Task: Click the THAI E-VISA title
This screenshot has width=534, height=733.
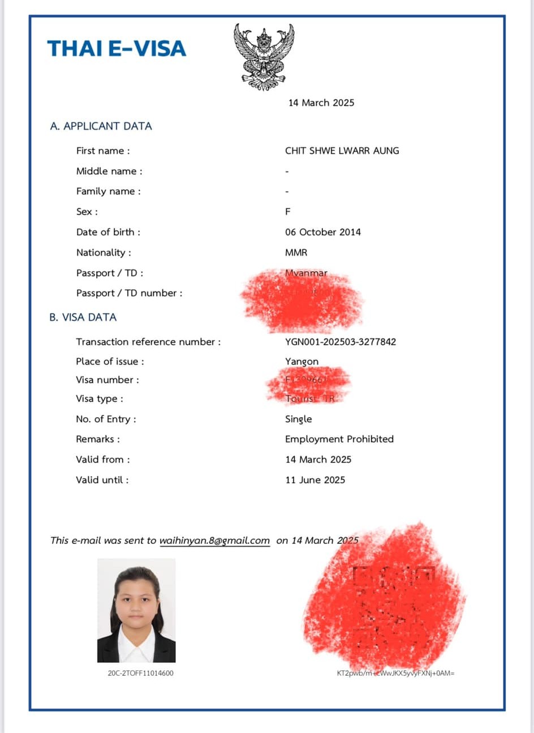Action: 117,49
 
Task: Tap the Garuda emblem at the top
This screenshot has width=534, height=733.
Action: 264,57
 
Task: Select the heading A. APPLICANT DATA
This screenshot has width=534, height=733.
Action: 101,126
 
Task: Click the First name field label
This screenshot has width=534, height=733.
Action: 103,151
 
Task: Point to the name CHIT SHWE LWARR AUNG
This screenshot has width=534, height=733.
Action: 342,151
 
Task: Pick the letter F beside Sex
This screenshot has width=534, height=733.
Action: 288,212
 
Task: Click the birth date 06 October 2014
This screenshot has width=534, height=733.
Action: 322,232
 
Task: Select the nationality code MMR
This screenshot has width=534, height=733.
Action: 296,252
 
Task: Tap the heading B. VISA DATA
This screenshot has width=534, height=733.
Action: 83,318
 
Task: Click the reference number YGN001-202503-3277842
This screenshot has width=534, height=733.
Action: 341,342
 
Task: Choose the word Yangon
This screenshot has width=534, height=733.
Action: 302,362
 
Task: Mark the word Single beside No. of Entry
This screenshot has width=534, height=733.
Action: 298,419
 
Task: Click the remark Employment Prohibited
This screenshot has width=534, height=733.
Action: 339,439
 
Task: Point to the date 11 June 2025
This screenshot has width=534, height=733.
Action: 315,480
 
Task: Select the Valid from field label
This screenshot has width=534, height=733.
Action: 102,460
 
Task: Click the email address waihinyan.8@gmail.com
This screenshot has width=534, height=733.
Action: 214,541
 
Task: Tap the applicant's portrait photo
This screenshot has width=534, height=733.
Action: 136,610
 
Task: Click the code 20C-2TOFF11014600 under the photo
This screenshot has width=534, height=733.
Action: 140,674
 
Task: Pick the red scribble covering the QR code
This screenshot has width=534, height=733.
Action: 385,600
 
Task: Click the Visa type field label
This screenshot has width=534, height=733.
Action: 99,399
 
